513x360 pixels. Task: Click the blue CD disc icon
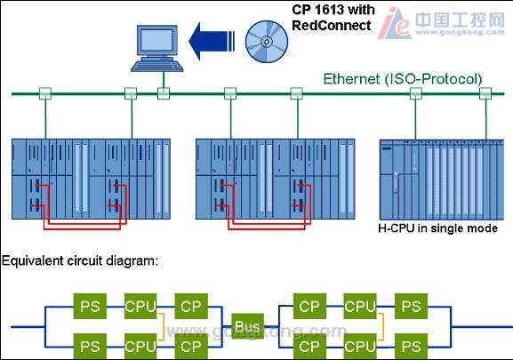pyautogui.click(x=267, y=42)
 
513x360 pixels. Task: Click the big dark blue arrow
pyautogui.click(x=212, y=41)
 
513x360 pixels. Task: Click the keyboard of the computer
pyautogui.click(x=157, y=66)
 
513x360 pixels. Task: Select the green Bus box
pyautogui.click(x=248, y=326)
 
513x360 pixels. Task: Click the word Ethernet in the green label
pyautogui.click(x=352, y=79)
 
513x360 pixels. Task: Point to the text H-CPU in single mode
pyautogui.click(x=437, y=228)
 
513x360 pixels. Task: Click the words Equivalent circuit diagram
pyautogui.click(x=80, y=261)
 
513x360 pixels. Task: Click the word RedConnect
pyautogui.click(x=332, y=26)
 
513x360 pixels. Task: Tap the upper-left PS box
pyautogui.click(x=90, y=307)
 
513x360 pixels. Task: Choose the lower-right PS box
pyautogui.click(x=411, y=347)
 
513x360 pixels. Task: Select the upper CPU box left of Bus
pyautogui.click(x=140, y=307)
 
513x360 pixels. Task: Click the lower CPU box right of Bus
pyautogui.click(x=360, y=347)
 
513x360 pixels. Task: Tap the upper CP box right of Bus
pyautogui.click(x=309, y=307)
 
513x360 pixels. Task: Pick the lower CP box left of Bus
pyautogui.click(x=191, y=347)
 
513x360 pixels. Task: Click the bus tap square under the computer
pyautogui.click(x=164, y=93)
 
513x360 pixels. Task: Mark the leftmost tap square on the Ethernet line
pyautogui.click(x=45, y=93)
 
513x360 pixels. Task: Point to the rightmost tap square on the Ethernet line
pyautogui.click(x=485, y=93)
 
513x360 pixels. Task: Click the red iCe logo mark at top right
pyautogui.click(x=394, y=24)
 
